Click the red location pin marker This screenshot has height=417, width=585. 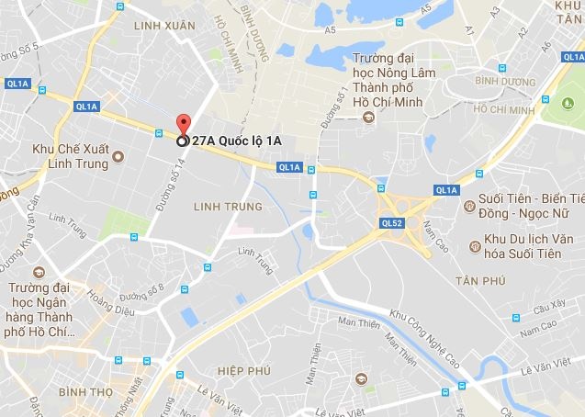pyautogui.click(x=182, y=128)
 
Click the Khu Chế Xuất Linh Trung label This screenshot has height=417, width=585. pyautogui.click(x=66, y=155)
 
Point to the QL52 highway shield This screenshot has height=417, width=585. pyautogui.click(x=391, y=223)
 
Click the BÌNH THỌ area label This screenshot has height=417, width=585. pyautogui.click(x=84, y=391)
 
